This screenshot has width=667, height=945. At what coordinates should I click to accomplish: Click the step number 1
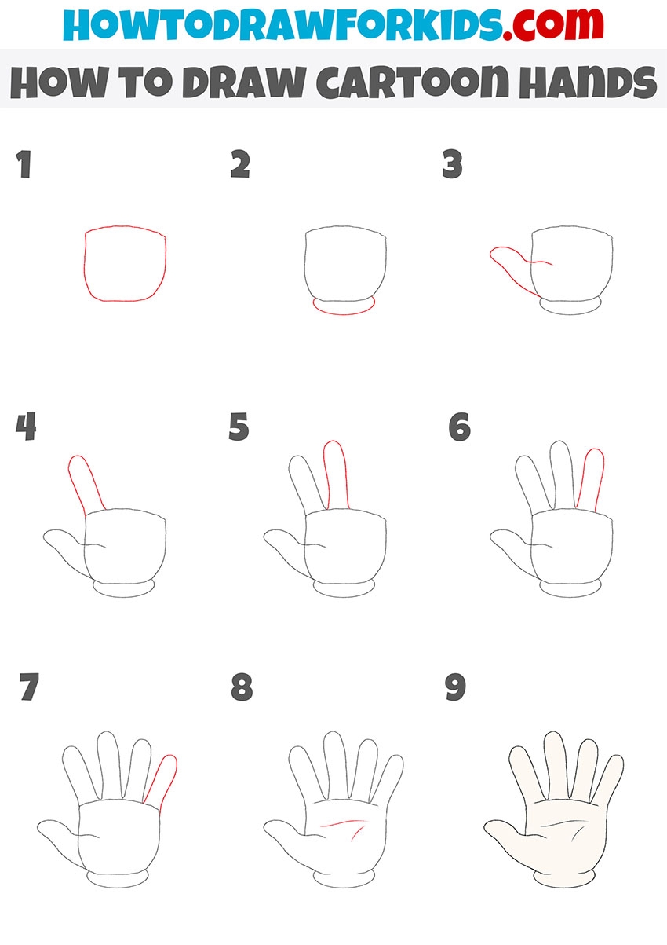(x=24, y=164)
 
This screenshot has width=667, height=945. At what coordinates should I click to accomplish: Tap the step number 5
(x=239, y=427)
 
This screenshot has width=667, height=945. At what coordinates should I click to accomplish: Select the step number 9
(x=455, y=687)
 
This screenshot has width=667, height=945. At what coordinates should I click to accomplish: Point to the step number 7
(x=29, y=687)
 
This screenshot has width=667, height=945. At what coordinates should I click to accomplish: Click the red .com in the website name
(x=553, y=24)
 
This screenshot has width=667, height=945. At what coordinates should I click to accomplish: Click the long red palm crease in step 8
(x=342, y=822)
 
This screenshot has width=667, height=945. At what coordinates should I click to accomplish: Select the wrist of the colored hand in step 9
(x=565, y=880)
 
